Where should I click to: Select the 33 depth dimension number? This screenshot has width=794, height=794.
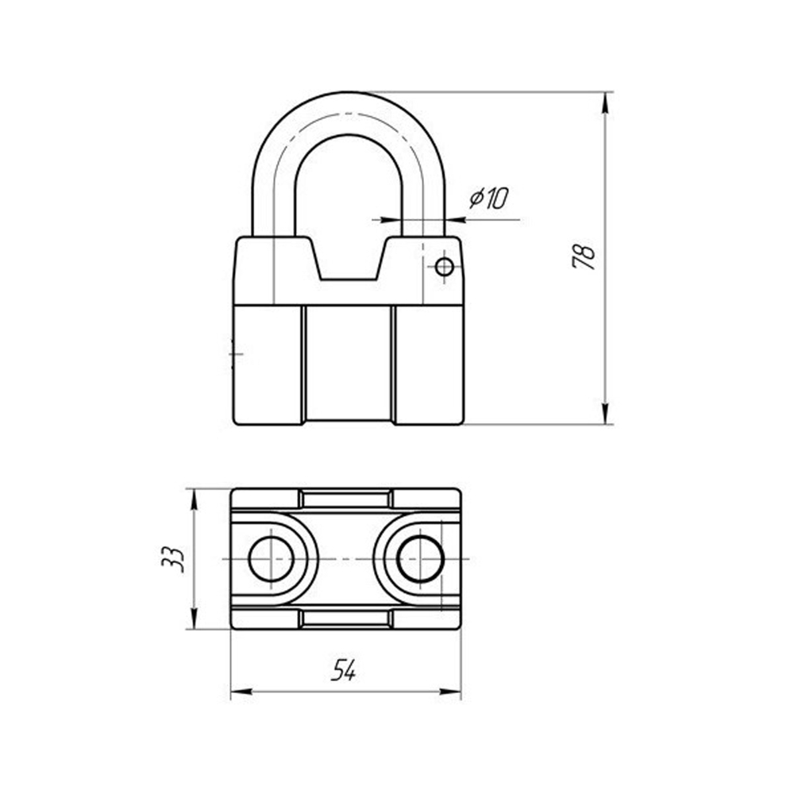coord(172,559)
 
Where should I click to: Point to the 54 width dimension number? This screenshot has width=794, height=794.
coord(343,671)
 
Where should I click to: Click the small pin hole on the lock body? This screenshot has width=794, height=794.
coord(444,266)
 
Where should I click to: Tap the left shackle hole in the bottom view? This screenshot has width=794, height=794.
coord(272,558)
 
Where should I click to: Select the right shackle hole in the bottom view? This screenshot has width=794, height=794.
coord(420,558)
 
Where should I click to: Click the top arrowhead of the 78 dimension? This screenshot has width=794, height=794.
coord(604,102)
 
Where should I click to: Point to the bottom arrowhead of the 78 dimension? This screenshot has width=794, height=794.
coord(604,414)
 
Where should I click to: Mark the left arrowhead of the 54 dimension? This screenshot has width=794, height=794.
coord(241,692)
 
